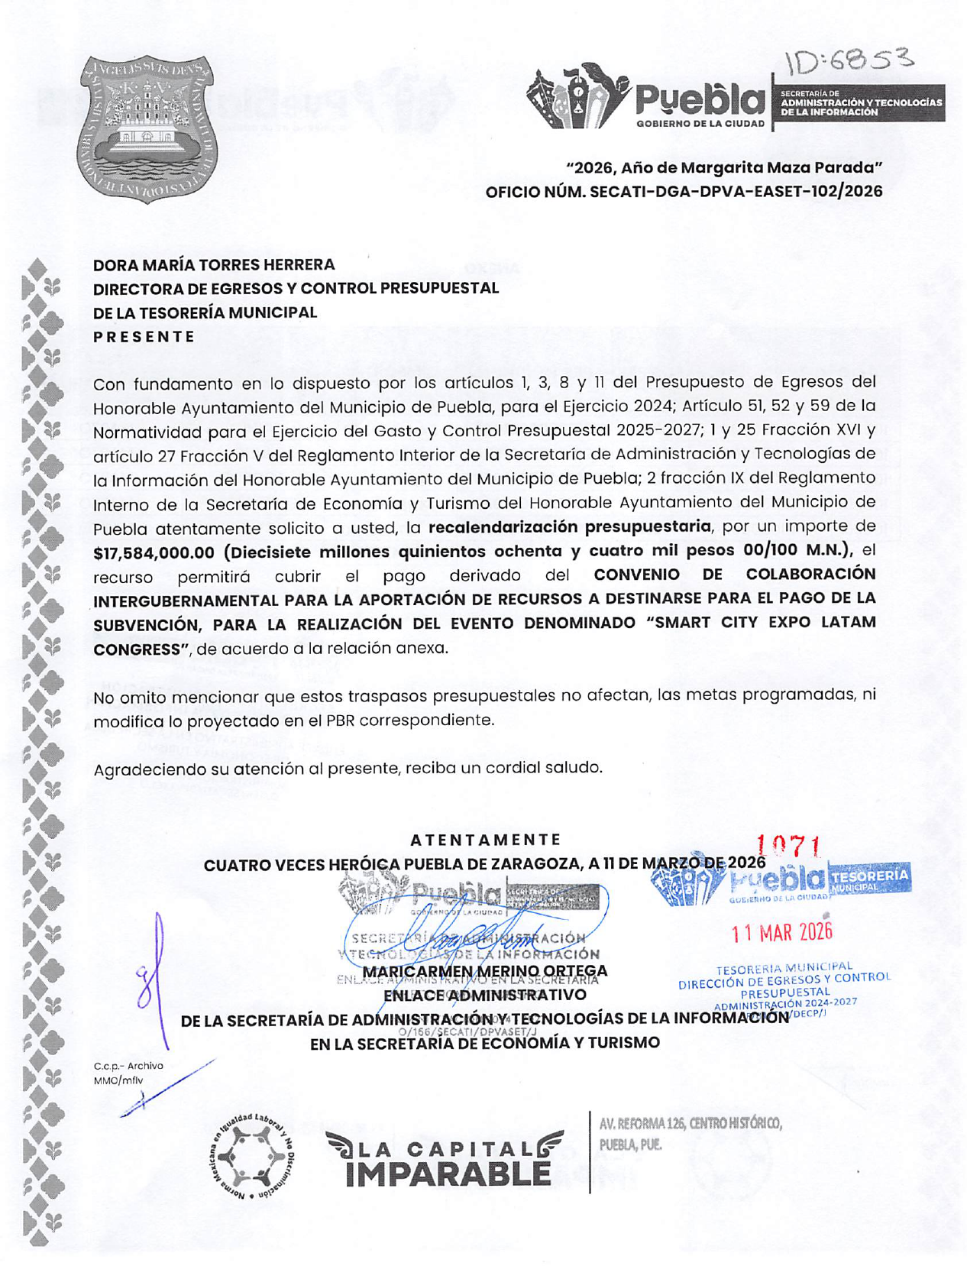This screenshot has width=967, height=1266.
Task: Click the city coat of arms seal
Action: point(147,128)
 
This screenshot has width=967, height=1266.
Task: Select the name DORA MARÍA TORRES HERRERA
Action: point(214,265)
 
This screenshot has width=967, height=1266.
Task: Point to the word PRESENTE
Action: point(144,337)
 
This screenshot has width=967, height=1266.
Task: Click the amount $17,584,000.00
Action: point(154,552)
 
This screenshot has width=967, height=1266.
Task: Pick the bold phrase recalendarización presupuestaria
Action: point(569,526)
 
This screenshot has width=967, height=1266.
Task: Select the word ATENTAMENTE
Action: point(486,840)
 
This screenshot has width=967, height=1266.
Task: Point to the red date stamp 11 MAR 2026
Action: point(781,931)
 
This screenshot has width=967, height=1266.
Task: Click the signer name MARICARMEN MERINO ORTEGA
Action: point(485,971)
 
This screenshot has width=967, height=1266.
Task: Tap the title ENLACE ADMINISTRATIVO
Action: point(484,995)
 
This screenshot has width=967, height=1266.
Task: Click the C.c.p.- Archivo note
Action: point(128,1066)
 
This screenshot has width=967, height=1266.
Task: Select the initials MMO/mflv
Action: point(118,1080)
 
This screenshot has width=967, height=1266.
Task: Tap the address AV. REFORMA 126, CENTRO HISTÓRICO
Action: point(690,1124)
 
